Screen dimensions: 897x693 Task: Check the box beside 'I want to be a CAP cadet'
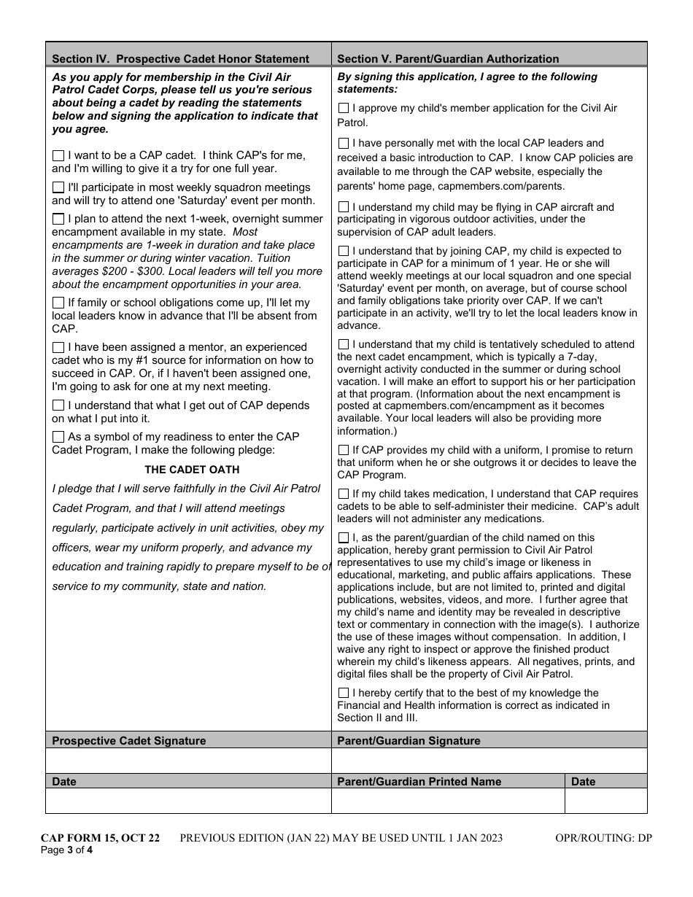coord(58,156)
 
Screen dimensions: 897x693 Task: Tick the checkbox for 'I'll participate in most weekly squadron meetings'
coord(58,188)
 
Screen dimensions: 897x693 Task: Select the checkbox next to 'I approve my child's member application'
coord(344,109)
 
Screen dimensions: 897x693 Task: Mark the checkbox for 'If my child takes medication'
coord(344,494)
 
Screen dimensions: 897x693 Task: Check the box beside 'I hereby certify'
coord(344,694)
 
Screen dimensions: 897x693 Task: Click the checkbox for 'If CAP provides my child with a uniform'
coord(344,451)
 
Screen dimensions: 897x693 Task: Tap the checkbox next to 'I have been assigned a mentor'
coord(58,348)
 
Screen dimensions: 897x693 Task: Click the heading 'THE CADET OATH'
coord(192,470)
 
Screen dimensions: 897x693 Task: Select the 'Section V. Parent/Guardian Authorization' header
coord(448,59)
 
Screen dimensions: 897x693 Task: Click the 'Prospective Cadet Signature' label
coord(129,741)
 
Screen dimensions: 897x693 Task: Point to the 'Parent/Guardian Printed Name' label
coord(419,782)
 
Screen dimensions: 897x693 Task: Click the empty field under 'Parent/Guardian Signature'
coord(489,760)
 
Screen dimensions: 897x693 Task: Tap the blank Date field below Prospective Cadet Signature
coord(188,800)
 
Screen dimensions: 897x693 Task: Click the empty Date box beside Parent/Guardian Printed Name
coord(605,800)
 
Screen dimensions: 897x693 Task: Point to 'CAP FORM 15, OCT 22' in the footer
coord(100,838)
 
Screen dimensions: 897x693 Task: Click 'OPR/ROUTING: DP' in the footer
coord(603,838)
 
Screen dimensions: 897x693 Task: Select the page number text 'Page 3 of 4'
coord(66,850)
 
